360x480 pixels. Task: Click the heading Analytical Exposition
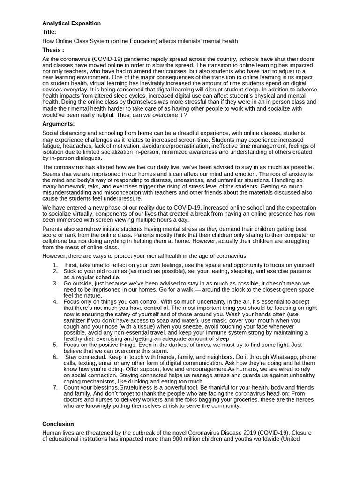click(71, 23)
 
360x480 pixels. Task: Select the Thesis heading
click(53, 50)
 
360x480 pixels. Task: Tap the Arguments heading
click(59, 124)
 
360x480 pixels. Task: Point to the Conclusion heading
click(58, 424)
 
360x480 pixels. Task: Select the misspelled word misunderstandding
click(70, 192)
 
